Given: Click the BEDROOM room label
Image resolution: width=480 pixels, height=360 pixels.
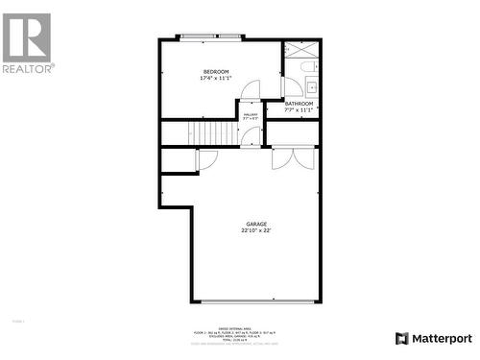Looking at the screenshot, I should (216, 72).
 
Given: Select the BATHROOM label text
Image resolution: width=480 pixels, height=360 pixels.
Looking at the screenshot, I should (299, 104).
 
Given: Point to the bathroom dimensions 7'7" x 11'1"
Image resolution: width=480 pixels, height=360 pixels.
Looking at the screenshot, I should (299, 110).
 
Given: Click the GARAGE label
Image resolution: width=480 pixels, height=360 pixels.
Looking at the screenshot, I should (254, 225).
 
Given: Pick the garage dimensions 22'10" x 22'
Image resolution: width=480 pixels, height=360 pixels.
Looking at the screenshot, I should (254, 231).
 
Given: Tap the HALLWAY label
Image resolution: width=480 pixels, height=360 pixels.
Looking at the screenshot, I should (250, 115).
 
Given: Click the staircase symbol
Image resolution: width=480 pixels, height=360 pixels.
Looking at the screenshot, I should (211, 132).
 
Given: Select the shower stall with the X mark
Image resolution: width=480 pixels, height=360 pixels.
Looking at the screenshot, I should (300, 51).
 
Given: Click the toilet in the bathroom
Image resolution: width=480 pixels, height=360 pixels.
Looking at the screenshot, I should (306, 68).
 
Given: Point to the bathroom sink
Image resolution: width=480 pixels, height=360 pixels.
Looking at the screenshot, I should (311, 88).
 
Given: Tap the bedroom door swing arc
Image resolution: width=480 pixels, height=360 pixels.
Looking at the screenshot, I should (250, 90).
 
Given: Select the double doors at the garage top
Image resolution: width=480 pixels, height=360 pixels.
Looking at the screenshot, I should (293, 158).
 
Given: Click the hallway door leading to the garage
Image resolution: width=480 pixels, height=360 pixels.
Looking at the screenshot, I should (252, 136).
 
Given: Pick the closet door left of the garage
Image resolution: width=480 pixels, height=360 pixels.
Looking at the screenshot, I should (207, 159).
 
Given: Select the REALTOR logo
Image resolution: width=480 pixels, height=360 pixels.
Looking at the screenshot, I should (27, 43).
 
